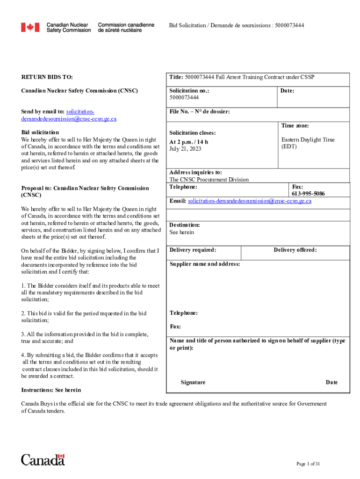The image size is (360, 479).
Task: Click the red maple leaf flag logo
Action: [x=30, y=28]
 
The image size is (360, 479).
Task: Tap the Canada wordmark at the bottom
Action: [x=43, y=460]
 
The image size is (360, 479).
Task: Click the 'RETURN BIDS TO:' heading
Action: [x=47, y=77]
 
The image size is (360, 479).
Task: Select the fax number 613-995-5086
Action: [x=308, y=194]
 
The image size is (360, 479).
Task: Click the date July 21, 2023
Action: [x=186, y=149]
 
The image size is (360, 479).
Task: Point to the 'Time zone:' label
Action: [x=295, y=126]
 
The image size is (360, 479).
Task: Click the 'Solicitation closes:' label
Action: [x=192, y=133]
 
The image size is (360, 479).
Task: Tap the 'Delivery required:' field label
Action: [x=193, y=250]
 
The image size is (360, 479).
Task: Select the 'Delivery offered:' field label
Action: [x=295, y=250]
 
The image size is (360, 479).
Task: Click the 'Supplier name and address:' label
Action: [x=205, y=264]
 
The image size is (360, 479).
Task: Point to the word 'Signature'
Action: [x=193, y=383]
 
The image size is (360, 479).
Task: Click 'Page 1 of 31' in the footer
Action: [x=308, y=464]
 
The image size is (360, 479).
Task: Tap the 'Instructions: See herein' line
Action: [x=51, y=390]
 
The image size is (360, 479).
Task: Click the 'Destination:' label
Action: [x=185, y=225]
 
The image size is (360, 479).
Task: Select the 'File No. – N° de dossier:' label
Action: [x=200, y=112]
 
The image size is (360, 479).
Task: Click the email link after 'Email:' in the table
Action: [x=249, y=201]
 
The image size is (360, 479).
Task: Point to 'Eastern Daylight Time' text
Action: [x=308, y=140]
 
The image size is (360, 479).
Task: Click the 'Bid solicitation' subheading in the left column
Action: [x=40, y=133]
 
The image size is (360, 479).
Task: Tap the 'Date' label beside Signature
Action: [x=331, y=383]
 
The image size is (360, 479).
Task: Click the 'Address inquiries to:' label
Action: [x=195, y=172]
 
